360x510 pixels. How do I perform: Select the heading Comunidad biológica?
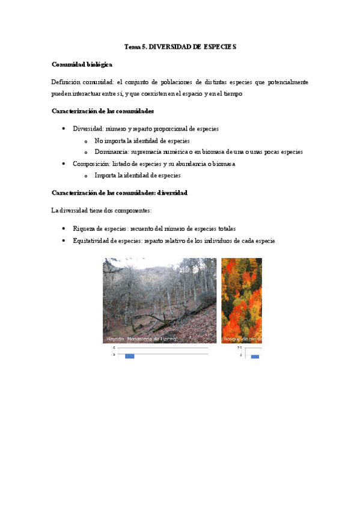(82, 64)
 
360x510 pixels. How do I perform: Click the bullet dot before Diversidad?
(64, 129)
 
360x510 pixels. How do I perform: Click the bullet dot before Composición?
(64, 164)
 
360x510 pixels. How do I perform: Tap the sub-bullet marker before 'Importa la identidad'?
(87, 176)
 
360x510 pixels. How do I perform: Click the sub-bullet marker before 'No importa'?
(87, 141)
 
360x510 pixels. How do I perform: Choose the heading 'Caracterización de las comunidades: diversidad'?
(120, 193)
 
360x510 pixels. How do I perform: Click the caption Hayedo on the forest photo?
(114, 339)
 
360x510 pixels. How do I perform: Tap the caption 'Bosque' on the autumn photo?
(231, 339)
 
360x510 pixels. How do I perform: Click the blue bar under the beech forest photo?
(129, 356)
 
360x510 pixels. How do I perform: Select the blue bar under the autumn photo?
(255, 357)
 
